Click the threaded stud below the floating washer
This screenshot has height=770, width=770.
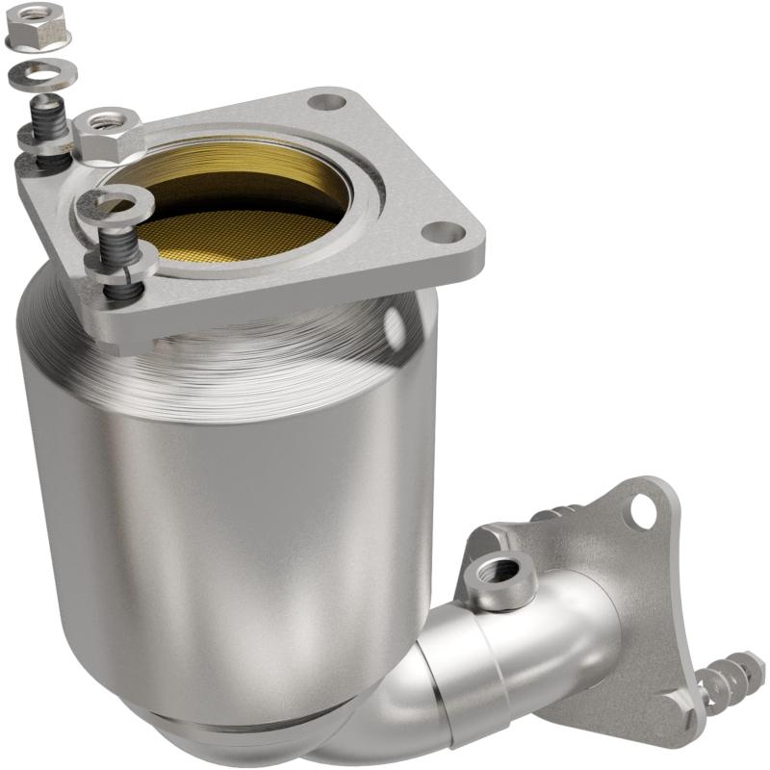pyautogui.click(x=49, y=121)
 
